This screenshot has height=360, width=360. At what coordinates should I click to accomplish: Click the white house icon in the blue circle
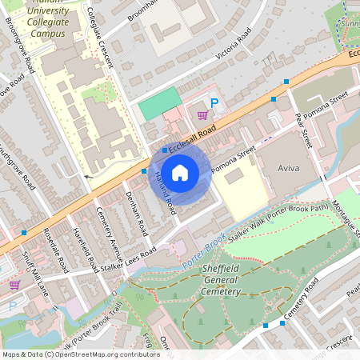180,172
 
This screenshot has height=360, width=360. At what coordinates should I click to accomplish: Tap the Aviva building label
286,170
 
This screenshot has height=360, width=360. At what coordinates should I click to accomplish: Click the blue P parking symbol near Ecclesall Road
214,102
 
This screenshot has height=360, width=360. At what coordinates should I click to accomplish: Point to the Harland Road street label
165,193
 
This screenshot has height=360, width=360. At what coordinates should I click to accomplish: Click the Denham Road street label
138,213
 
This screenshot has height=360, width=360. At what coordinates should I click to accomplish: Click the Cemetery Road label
301,298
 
